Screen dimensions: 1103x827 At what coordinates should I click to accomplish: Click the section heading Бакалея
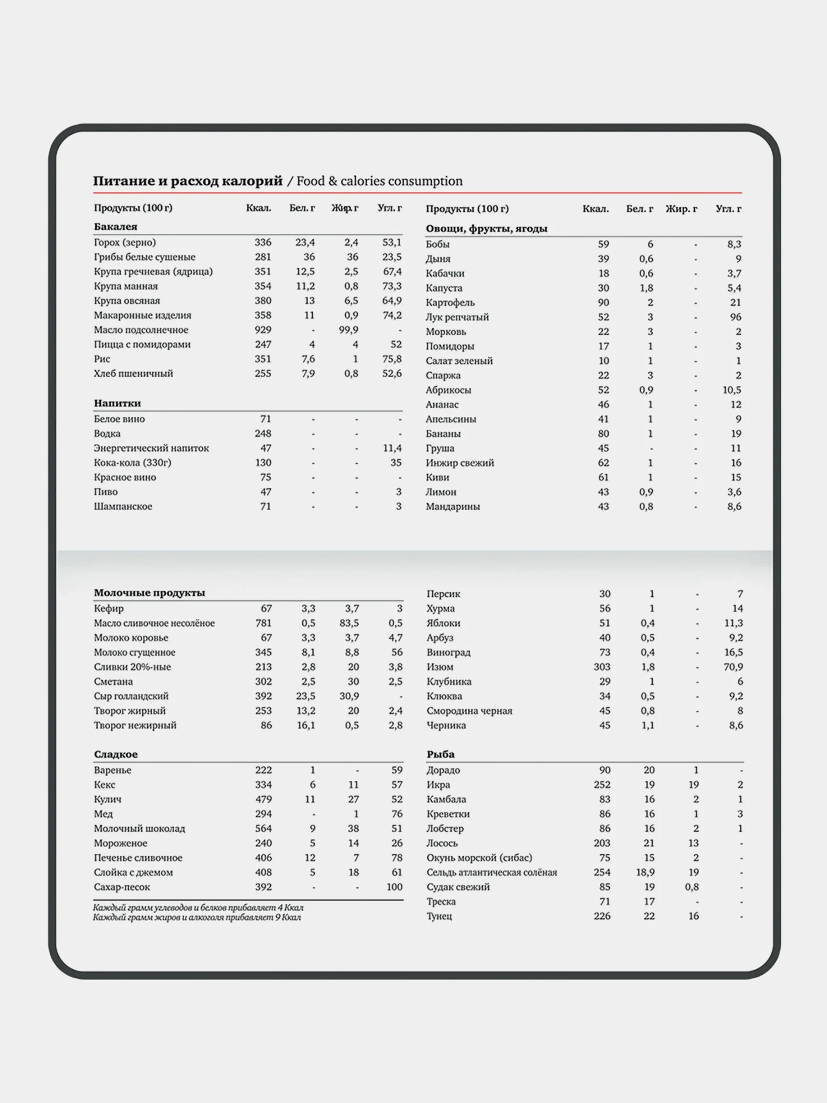115,227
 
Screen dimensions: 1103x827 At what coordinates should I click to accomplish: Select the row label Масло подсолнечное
141,330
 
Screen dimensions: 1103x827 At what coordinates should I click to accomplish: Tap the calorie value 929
262,330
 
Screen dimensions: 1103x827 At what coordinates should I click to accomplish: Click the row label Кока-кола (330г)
132,463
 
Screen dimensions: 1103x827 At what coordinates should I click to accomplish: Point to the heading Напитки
117,403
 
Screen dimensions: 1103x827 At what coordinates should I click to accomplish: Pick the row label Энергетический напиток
151,448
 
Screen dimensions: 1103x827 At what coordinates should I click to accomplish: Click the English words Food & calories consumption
379,181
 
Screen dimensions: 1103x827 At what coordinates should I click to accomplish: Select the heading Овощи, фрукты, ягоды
486,228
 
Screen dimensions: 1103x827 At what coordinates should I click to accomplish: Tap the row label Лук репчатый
457,317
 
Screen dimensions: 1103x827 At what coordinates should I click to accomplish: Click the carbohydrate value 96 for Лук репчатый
735,317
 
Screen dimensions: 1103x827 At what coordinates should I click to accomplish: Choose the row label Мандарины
452,506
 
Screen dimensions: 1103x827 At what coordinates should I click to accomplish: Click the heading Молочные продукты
149,593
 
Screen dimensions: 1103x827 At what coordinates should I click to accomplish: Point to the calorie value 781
263,623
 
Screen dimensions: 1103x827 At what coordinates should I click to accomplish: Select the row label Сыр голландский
131,696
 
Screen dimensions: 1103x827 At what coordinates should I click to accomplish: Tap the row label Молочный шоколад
139,828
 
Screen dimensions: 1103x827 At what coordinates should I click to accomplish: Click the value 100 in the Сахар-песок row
394,887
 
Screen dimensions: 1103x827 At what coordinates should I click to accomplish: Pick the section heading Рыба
440,754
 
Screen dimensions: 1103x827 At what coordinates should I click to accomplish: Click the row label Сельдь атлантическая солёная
491,872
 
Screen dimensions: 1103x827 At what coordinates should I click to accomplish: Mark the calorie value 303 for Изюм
602,667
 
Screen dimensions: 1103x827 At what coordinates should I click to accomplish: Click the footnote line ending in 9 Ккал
197,918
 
